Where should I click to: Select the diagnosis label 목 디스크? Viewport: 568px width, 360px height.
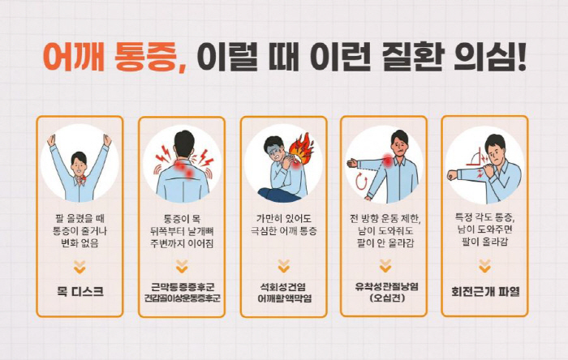pos(80,291)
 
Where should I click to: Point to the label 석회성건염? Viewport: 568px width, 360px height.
pos(283,287)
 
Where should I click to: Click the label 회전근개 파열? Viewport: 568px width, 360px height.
pos(484,291)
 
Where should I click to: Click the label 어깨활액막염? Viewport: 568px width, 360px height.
pos(283,298)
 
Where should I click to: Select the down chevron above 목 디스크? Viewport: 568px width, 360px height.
pos(80,265)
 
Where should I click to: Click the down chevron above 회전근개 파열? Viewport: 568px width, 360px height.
pos(484,265)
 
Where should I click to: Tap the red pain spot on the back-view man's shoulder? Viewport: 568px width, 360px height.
pos(188,172)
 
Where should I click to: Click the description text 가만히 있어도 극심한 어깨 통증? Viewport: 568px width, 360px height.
pos(283,225)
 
